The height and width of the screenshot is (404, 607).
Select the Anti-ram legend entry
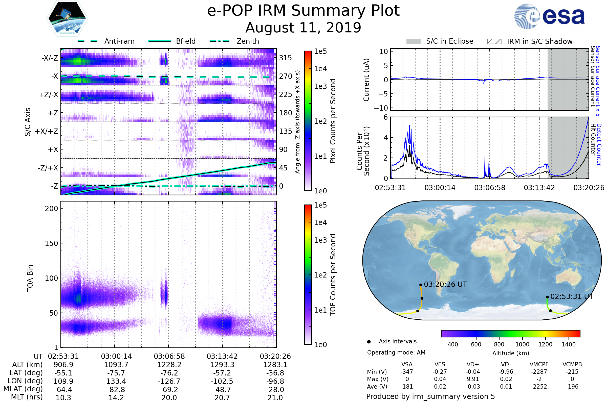(119, 41)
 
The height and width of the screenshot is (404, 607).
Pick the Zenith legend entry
(248, 41)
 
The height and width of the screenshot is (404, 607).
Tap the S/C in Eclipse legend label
(449, 41)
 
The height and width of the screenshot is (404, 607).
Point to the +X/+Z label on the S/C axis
(47, 131)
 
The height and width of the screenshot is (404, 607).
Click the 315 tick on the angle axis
(286, 58)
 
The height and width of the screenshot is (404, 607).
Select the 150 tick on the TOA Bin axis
(51, 243)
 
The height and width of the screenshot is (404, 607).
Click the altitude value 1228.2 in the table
(169, 365)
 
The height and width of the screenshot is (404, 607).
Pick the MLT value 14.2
(116, 397)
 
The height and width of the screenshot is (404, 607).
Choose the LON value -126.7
(169, 381)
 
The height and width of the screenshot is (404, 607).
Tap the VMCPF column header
(539, 364)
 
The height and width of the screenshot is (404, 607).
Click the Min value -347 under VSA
(407, 372)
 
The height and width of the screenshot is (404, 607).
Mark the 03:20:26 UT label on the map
(445, 285)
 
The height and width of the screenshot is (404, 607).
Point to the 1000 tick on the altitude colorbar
(522, 344)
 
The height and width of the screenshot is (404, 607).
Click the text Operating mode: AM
(396, 352)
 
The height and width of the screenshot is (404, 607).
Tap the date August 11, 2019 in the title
(303, 28)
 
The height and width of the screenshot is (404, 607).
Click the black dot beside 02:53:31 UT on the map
(547, 297)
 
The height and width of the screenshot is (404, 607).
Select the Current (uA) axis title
(366, 80)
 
